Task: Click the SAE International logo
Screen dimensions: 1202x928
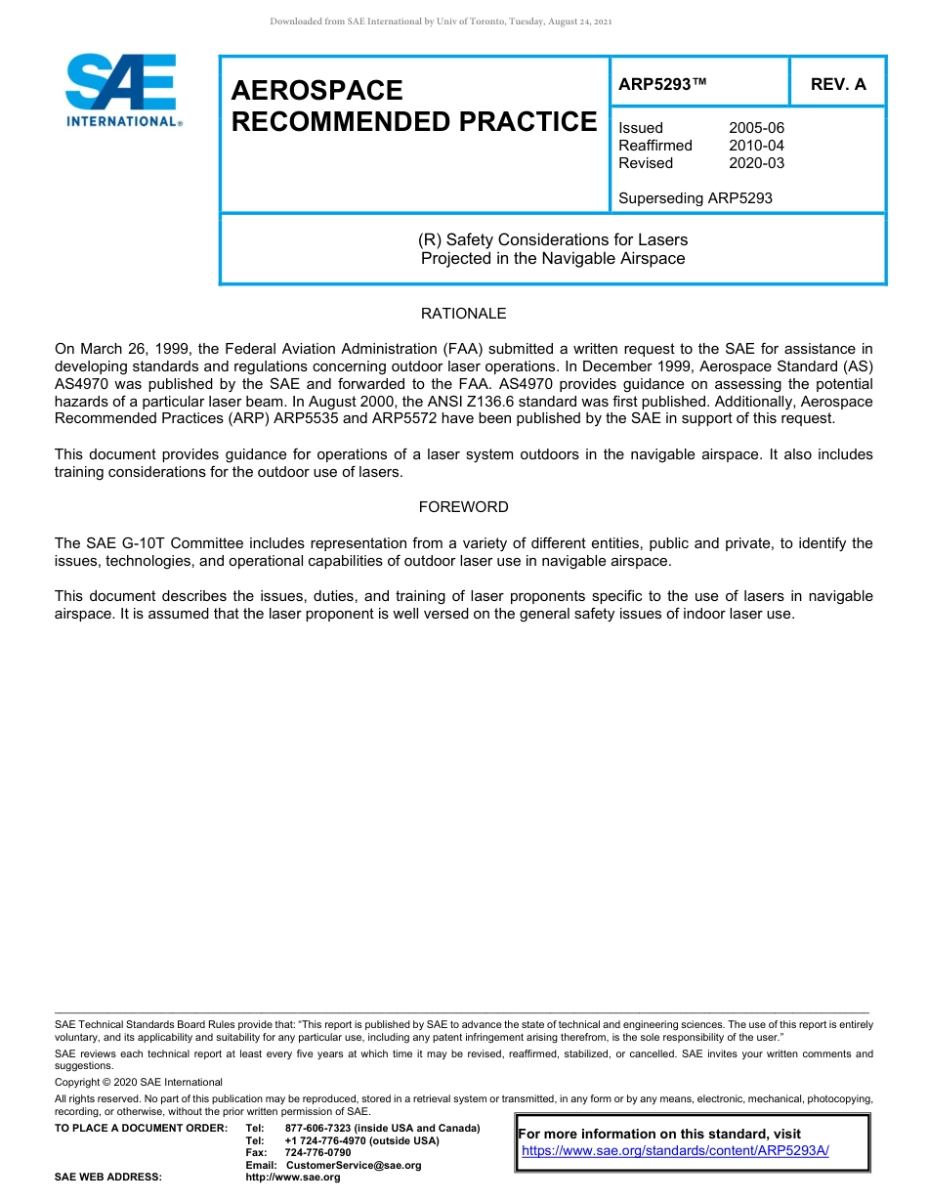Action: [x=122, y=90]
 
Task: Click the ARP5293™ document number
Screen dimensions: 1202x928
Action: [x=662, y=84]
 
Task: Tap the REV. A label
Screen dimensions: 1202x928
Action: [x=838, y=84]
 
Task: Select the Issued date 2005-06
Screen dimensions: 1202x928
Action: [x=756, y=128]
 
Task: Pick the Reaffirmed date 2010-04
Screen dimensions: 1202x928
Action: [x=756, y=146]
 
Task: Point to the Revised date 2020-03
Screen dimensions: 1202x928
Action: [x=756, y=163]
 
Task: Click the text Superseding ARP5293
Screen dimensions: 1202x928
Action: [x=696, y=198]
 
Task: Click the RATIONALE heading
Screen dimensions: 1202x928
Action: [x=463, y=314]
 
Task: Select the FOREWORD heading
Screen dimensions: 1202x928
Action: [x=463, y=507]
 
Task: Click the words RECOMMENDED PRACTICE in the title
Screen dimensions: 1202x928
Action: [x=413, y=122]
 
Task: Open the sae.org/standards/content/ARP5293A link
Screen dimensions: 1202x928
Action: [x=675, y=1150]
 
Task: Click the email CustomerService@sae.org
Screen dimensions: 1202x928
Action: [x=354, y=1165]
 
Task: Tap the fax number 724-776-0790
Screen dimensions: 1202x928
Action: [x=317, y=1153]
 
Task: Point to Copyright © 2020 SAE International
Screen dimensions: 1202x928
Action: [x=139, y=1082]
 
